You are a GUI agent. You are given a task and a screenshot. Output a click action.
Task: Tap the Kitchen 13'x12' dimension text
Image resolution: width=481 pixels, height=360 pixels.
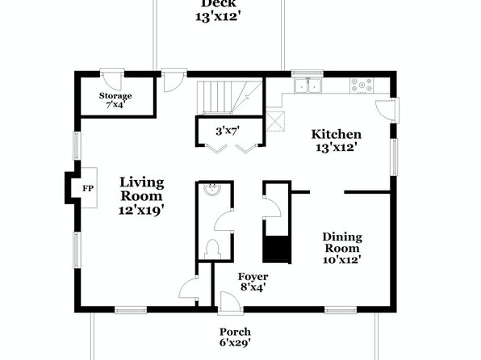pyautogui.click(x=337, y=149)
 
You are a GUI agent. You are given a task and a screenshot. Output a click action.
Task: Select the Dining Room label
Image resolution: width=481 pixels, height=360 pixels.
pyautogui.click(x=342, y=242)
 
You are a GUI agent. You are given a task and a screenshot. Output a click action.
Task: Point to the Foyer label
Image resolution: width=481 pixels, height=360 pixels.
pyautogui.click(x=253, y=277)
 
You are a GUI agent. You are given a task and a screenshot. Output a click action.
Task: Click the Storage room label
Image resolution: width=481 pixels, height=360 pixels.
pyautogui.click(x=115, y=96)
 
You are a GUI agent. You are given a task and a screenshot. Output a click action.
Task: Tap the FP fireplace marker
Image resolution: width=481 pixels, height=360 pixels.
pyautogui.click(x=88, y=188)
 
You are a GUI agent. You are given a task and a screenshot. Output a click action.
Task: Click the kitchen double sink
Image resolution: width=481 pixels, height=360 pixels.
pyautogui.click(x=307, y=86)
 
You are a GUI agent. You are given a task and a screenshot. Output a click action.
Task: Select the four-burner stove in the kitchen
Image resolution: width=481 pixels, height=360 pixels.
pyautogui.click(x=362, y=85)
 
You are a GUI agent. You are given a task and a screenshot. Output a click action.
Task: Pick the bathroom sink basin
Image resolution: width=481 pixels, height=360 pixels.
pyautogui.click(x=212, y=189)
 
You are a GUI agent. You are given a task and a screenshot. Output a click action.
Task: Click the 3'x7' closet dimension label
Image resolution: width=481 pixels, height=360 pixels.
pyautogui.click(x=228, y=132)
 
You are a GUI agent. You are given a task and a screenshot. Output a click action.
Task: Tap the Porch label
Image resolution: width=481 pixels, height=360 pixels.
pyautogui.click(x=235, y=332)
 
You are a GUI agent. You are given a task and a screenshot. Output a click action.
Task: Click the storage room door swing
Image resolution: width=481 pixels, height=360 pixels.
pyautogui.click(x=112, y=82)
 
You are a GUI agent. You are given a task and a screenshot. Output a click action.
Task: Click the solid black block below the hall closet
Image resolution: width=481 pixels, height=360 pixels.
pyautogui.click(x=277, y=249)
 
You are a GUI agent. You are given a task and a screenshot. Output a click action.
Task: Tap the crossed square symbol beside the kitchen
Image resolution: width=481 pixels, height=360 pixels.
pyautogui.click(x=275, y=122)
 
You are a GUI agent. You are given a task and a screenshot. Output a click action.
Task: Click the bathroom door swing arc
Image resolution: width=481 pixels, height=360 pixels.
pyautogui.click(x=224, y=220)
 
